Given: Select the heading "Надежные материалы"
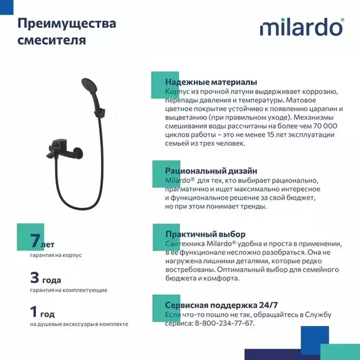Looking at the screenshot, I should pyautogui.click(x=210, y=83).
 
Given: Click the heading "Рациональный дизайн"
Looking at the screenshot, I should pyautogui.click(x=210, y=171).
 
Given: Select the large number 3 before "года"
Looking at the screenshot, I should pyautogui.click(x=35, y=277).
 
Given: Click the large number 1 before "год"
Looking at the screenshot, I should pyautogui.click(x=34, y=311).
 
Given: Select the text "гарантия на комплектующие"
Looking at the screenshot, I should pyautogui.click(x=68, y=290).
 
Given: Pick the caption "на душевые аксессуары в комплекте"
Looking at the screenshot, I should pyautogui.click(x=79, y=324).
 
